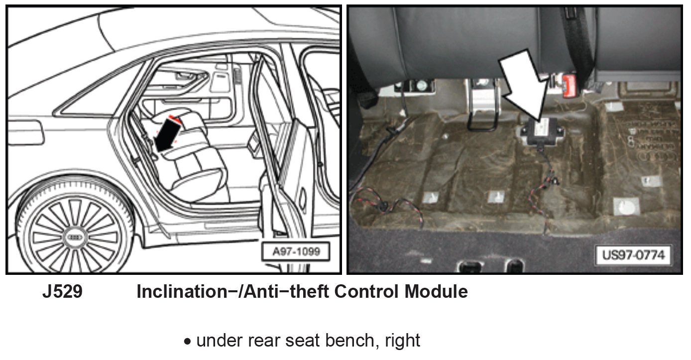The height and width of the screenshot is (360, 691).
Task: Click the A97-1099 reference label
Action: [x=296, y=252]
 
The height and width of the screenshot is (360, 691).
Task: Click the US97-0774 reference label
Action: [x=633, y=255]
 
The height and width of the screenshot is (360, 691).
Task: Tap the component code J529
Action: [x=63, y=291]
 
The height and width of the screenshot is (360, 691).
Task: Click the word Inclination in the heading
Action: [x=182, y=291]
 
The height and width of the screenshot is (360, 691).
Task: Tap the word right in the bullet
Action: [x=403, y=341]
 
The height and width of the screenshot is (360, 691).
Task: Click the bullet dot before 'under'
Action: [x=187, y=342]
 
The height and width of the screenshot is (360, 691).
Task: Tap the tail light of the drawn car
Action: [x=25, y=132]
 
